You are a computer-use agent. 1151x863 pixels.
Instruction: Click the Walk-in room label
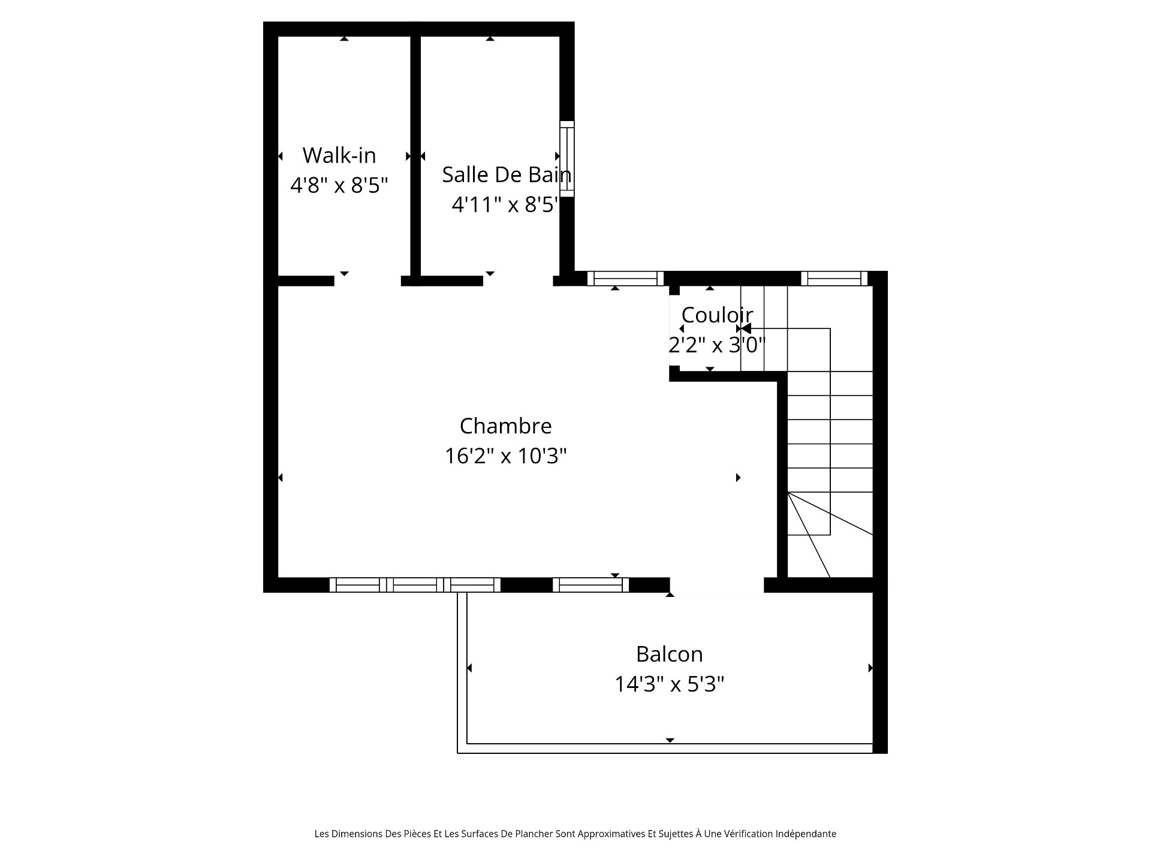[x=339, y=155]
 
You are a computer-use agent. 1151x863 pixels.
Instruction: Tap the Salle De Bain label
[x=507, y=174]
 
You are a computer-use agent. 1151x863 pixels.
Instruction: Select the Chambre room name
[x=505, y=426]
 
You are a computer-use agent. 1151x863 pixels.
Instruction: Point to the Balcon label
[x=669, y=654]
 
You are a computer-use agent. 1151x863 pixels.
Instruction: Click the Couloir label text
[x=717, y=315]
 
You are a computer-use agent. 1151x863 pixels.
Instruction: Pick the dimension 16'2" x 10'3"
[x=505, y=456]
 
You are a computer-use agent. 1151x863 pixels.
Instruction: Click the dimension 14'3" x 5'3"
[x=669, y=684]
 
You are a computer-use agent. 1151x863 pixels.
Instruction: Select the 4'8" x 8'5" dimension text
[x=339, y=185]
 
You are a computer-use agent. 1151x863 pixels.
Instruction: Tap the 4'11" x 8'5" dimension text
[x=505, y=205]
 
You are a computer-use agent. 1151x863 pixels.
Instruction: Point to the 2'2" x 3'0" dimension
[x=717, y=345]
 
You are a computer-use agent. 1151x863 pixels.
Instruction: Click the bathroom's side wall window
[x=567, y=159]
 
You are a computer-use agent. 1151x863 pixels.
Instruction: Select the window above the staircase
[x=834, y=279]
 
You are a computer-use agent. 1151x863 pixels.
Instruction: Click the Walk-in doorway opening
[x=367, y=280]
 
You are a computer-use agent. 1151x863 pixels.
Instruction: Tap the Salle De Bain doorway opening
[x=518, y=280]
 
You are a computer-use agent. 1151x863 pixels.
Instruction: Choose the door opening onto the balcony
[x=717, y=585]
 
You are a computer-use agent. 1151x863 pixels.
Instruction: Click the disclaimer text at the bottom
[x=575, y=834]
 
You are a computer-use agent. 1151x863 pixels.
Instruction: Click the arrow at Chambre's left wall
[x=280, y=478]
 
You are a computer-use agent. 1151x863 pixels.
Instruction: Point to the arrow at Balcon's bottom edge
[x=670, y=741]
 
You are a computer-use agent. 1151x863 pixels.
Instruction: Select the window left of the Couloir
[x=625, y=279]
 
